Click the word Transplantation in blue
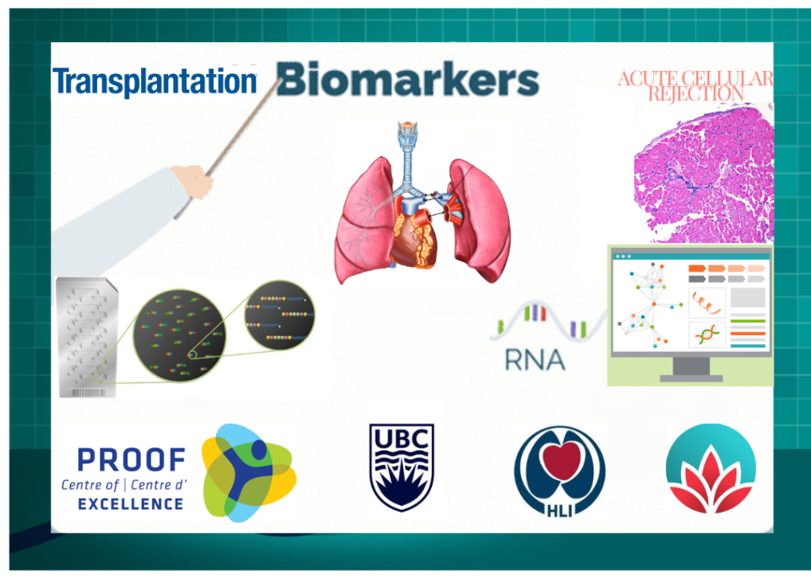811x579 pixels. click(x=155, y=82)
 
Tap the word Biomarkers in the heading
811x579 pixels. click(x=408, y=80)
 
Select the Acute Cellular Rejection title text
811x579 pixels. click(x=695, y=86)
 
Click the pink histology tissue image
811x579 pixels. click(x=704, y=173)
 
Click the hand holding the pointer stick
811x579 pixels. click(x=194, y=181)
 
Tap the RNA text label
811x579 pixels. click(x=535, y=360)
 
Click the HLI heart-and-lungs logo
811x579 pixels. click(x=559, y=471)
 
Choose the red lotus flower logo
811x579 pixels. click(x=711, y=469)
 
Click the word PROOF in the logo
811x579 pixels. click(x=131, y=460)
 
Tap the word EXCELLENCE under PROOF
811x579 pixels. click(x=131, y=504)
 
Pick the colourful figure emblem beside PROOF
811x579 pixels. click(x=249, y=473)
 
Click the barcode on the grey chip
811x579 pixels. click(x=88, y=393)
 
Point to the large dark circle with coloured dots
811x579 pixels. click(x=179, y=335)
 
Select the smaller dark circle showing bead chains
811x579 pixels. click(x=280, y=315)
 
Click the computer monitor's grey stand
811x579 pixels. click(x=691, y=370)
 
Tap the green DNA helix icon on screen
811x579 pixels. click(x=707, y=334)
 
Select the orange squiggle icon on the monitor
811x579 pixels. click(x=707, y=303)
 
